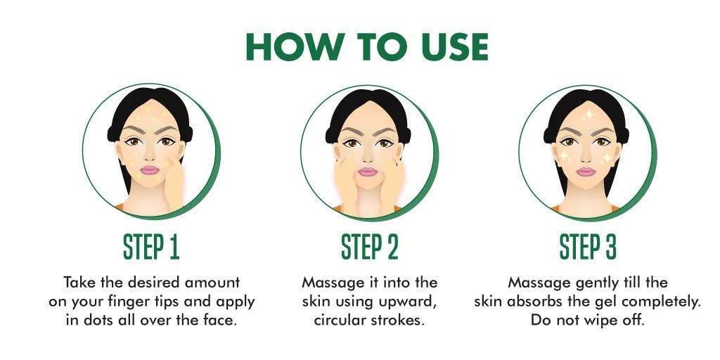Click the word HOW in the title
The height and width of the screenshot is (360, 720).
pyautogui.click(x=294, y=47)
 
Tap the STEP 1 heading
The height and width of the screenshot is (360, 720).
pyautogui.click(x=151, y=248)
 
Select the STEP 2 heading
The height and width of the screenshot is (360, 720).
pyautogui.click(x=370, y=248)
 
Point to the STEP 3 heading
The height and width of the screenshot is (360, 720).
pyautogui.click(x=588, y=248)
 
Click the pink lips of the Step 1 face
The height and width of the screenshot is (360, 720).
pyautogui.click(x=149, y=170)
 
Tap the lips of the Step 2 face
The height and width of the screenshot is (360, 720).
pyautogui.click(x=367, y=172)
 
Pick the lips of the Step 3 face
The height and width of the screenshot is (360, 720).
pyautogui.click(x=586, y=172)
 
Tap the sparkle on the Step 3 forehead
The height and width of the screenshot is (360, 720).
pyautogui.click(x=589, y=115)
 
